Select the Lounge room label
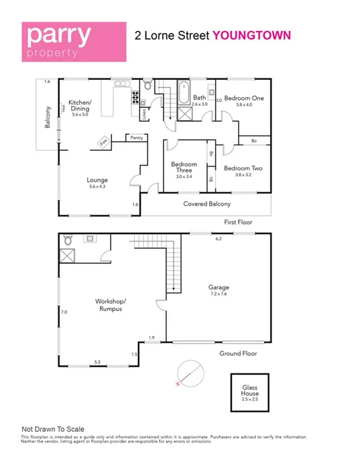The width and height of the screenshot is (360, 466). coord(97,183)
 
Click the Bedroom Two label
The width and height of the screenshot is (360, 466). coord(243,172)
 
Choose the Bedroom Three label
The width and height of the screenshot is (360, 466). coord(184,170)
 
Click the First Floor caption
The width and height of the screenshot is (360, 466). coord(239,221)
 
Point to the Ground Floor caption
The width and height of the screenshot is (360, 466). coord(238,353)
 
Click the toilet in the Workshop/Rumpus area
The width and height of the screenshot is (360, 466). coord(66,240)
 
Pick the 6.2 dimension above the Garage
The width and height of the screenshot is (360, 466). coord(218,238)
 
